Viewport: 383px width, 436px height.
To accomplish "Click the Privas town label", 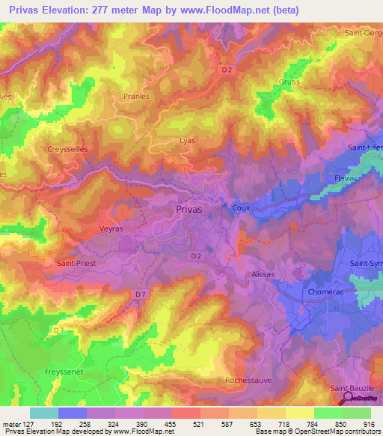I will click(x=189, y=211).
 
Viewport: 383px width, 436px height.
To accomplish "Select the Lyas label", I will click(x=188, y=140).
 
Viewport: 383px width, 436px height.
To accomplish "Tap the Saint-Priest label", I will click(x=77, y=264).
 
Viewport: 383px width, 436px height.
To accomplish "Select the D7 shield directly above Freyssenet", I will click(x=59, y=329).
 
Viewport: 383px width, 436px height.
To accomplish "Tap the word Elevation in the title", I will click(x=72, y=10).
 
